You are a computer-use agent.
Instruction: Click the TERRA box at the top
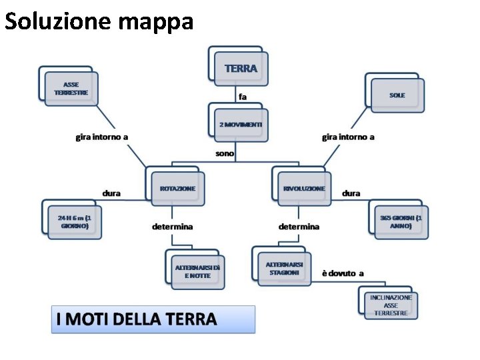tap(241, 68)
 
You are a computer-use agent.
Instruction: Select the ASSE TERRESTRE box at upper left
tap(71, 89)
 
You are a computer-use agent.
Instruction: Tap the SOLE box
tap(397, 95)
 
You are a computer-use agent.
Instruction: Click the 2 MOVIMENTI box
tap(241, 125)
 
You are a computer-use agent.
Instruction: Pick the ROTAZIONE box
tap(177, 189)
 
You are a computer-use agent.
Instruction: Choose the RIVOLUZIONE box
tap(303, 189)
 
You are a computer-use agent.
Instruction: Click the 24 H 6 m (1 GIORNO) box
tap(74, 222)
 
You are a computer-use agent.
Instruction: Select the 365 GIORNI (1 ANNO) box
tap(400, 222)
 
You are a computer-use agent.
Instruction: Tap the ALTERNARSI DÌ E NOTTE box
tap(197, 271)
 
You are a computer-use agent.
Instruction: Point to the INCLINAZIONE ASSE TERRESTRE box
tap(391, 305)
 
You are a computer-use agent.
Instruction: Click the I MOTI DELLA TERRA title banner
tap(153, 319)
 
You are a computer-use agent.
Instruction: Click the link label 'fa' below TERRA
tap(243, 97)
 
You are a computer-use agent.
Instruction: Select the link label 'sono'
tap(225, 153)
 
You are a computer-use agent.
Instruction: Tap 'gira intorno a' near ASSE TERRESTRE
tap(101, 137)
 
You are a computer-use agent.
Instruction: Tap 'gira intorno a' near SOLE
tap(348, 137)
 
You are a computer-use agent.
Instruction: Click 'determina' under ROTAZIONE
tap(172, 227)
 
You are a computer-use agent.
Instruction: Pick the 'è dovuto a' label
tap(343, 273)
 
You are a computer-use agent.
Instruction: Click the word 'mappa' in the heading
tap(157, 21)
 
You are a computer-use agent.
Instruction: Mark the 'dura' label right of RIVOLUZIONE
tap(351, 193)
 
